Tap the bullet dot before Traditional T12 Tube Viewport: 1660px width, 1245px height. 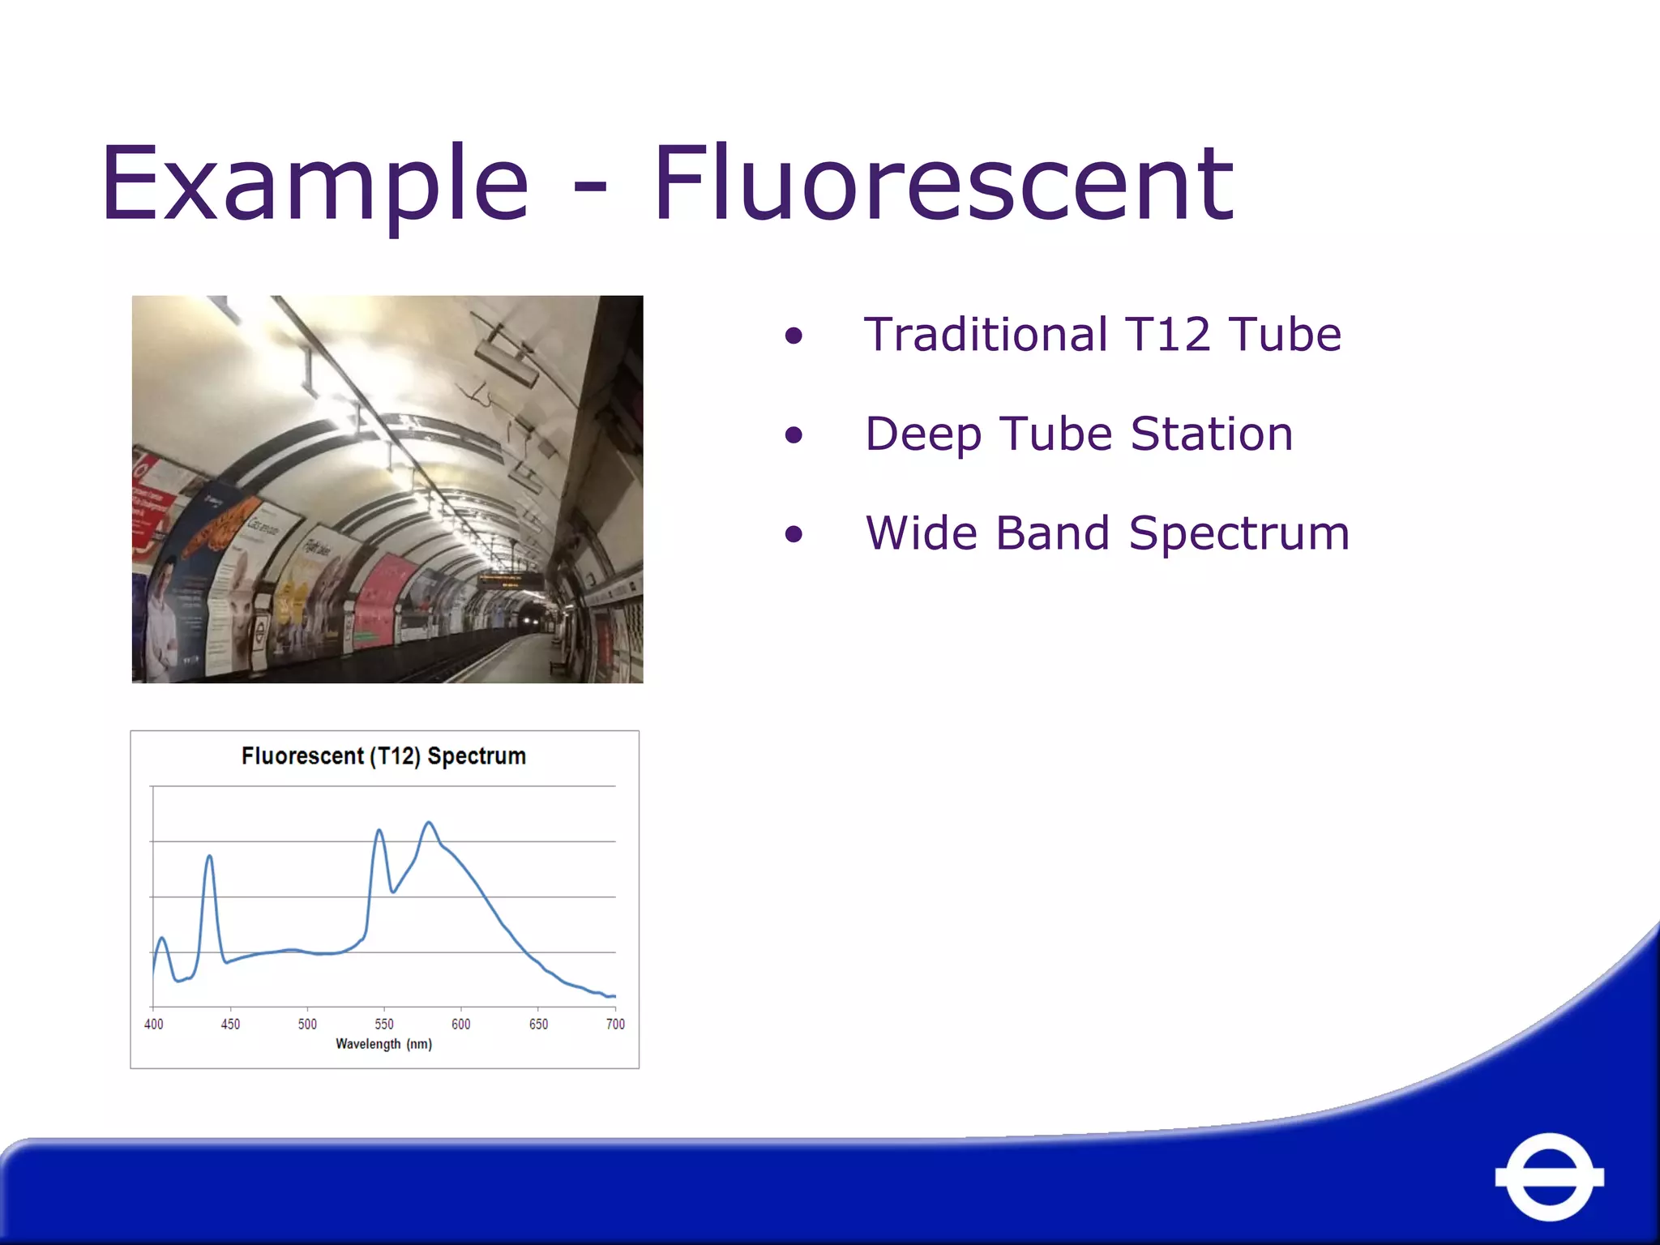pos(794,336)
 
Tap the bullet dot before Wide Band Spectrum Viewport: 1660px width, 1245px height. pos(794,534)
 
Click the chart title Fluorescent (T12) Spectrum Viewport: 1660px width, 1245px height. pos(383,756)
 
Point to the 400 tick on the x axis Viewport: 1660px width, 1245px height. pos(153,1024)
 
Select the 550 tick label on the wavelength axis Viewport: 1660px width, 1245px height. pos(384,1024)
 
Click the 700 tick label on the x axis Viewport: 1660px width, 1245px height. pos(615,1024)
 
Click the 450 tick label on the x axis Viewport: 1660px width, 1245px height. pos(230,1024)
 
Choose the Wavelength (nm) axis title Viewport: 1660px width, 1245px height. pos(383,1044)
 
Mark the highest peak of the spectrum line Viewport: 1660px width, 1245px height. pos(429,824)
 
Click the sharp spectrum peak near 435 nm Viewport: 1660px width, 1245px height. pos(209,857)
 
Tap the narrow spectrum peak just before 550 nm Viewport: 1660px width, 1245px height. pos(379,831)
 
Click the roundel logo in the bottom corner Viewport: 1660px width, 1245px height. pos(1549,1176)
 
